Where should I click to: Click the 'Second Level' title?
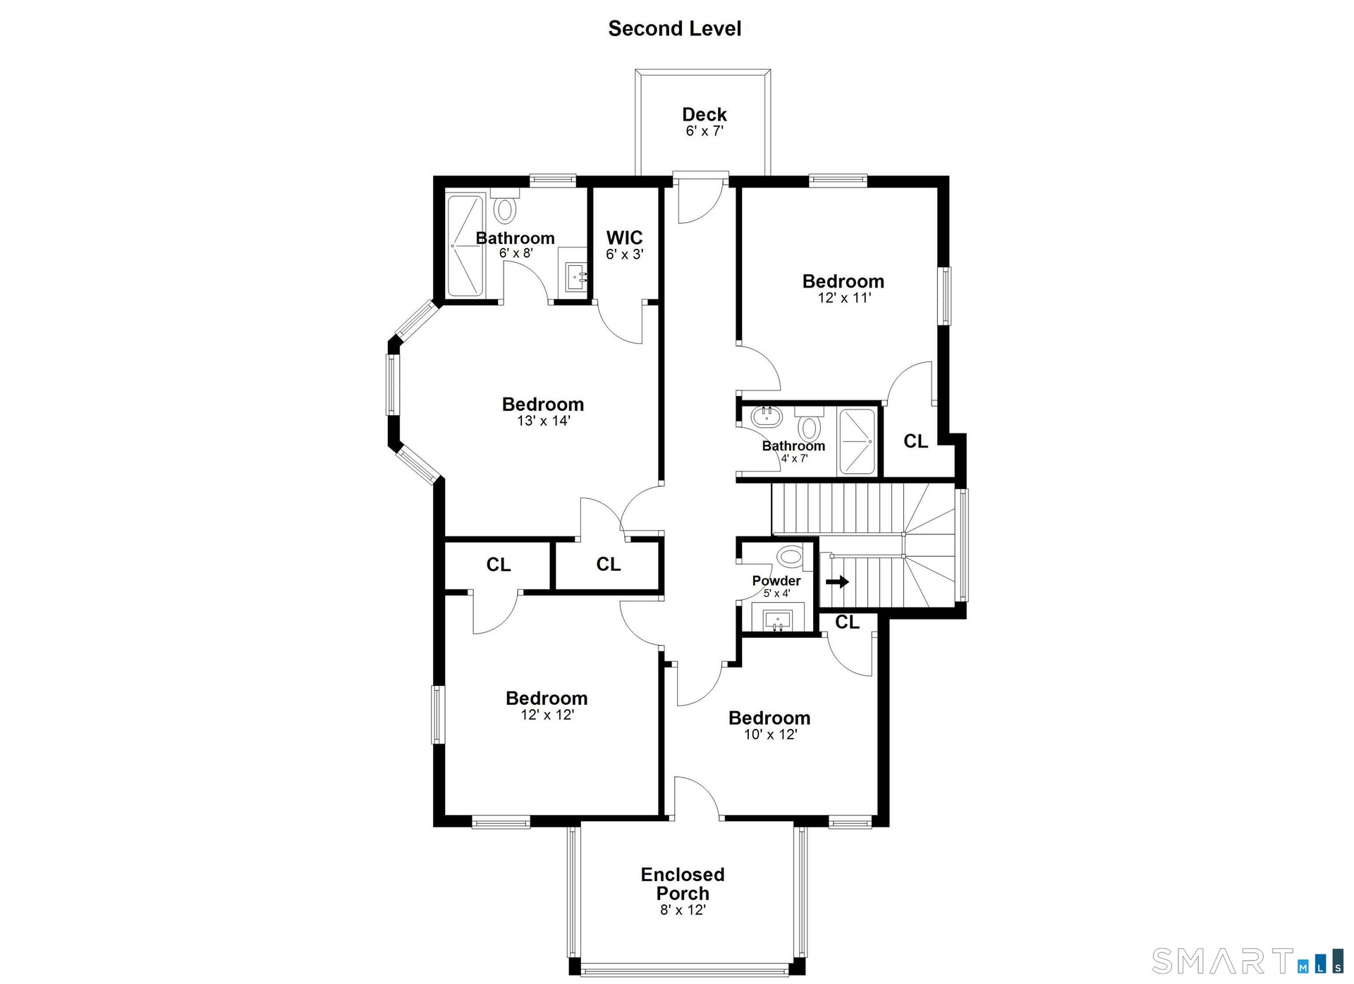pyautogui.click(x=675, y=28)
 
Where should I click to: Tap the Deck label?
pyautogui.click(x=704, y=114)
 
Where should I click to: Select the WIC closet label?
pyautogui.click(x=624, y=238)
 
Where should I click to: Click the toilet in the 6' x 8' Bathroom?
pyautogui.click(x=505, y=207)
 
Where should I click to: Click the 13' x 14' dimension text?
pyautogui.click(x=543, y=421)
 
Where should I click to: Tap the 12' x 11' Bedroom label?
pyautogui.click(x=843, y=281)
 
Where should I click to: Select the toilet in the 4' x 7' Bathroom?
pyautogui.click(x=809, y=423)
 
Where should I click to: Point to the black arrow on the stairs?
pyautogui.click(x=837, y=582)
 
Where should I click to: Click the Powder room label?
pyautogui.click(x=776, y=581)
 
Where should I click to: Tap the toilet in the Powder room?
pyautogui.click(x=791, y=555)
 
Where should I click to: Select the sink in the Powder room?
pyautogui.click(x=778, y=620)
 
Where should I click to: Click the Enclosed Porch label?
pyautogui.click(x=683, y=884)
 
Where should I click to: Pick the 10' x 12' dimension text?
pyautogui.click(x=770, y=734)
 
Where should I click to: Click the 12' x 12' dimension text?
pyautogui.click(x=547, y=715)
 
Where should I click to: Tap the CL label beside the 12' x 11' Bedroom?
pyautogui.click(x=916, y=441)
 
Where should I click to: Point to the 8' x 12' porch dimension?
pyautogui.click(x=683, y=910)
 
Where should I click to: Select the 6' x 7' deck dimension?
pyautogui.click(x=705, y=131)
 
